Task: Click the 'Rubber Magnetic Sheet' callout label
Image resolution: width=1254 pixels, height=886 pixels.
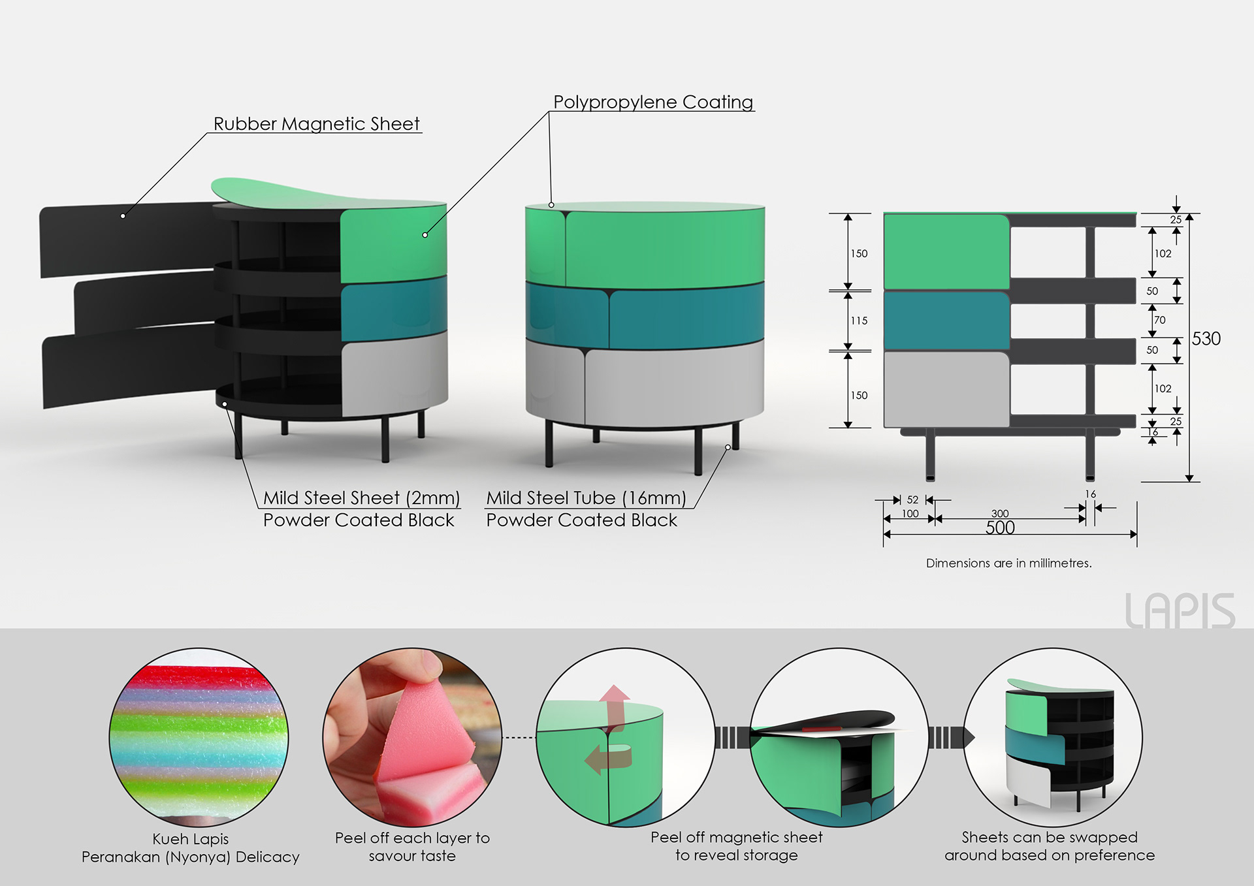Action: (x=317, y=124)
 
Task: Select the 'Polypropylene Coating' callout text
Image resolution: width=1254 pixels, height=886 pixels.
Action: (x=653, y=103)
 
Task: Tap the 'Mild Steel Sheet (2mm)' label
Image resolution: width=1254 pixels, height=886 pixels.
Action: (x=361, y=498)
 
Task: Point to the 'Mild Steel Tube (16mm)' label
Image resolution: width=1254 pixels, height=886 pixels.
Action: (x=586, y=498)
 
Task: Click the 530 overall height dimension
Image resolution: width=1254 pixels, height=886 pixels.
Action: (x=1206, y=339)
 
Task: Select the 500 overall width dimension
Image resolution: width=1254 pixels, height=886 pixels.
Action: (x=1000, y=528)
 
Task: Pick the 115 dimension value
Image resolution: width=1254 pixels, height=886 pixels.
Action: (x=859, y=321)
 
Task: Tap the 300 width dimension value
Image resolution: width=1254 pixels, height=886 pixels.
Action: (x=1000, y=514)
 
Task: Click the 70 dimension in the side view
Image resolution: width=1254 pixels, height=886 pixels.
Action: (x=1160, y=320)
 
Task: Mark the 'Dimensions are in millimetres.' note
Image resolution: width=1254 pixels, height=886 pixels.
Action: (x=1008, y=563)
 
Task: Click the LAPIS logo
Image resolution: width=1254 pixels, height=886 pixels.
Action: (x=1180, y=611)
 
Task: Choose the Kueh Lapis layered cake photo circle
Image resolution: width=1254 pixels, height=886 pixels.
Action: (x=199, y=737)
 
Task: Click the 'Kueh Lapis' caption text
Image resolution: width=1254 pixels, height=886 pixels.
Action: (x=191, y=839)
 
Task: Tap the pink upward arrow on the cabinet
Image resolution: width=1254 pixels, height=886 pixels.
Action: (x=615, y=705)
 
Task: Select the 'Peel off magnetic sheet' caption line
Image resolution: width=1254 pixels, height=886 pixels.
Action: (x=736, y=837)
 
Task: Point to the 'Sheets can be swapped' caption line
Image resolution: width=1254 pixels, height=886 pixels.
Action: (x=1050, y=837)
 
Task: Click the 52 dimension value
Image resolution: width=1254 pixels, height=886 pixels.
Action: (x=912, y=500)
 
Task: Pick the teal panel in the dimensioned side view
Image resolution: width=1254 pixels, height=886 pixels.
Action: (x=946, y=321)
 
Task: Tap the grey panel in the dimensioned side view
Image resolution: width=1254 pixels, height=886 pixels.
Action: (x=946, y=390)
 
